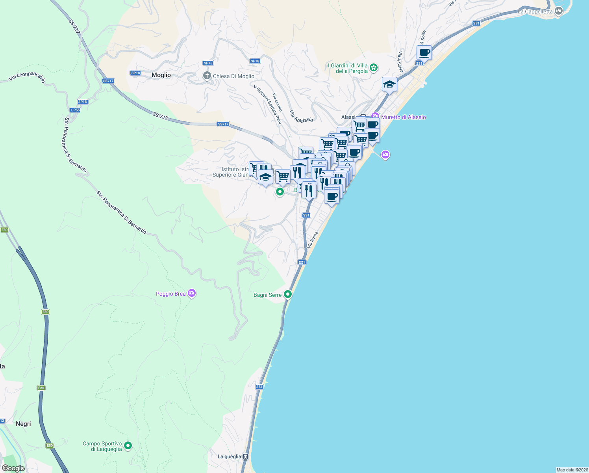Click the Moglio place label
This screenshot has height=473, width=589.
click(161, 75)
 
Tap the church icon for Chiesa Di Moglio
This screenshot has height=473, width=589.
click(207, 76)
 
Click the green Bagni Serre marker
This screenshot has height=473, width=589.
click(288, 294)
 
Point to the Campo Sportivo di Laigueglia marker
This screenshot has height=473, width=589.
click(128, 446)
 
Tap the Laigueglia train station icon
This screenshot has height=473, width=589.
click(246, 456)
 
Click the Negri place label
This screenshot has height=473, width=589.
click(23, 424)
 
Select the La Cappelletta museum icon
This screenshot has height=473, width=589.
click(558, 11)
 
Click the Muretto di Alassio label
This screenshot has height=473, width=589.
click(404, 117)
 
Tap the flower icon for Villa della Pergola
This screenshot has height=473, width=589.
click(374, 68)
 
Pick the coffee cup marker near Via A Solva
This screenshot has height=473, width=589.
click(424, 52)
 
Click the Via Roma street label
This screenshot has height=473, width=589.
click(313, 240)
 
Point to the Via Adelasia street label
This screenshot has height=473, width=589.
click(301, 116)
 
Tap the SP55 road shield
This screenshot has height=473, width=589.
click(75, 110)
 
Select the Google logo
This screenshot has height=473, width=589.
click(13, 468)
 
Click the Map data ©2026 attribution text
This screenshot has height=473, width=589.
click(572, 470)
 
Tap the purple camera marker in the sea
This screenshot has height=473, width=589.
click(385, 155)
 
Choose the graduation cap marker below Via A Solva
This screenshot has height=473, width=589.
click(389, 84)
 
